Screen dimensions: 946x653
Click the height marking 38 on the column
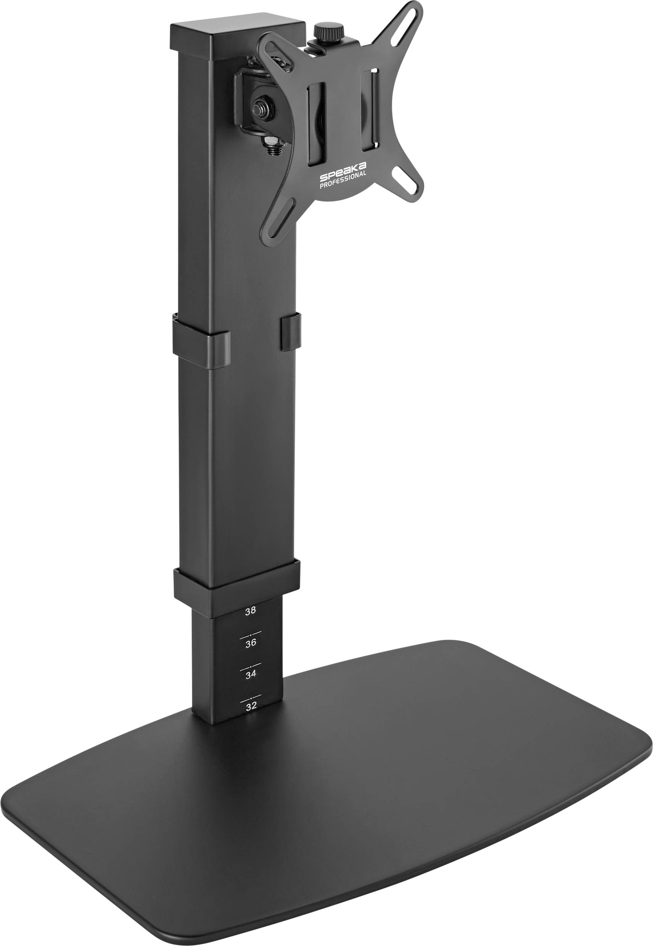[250, 611]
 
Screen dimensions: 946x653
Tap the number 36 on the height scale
[251, 643]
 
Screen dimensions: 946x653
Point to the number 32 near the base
[251, 706]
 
